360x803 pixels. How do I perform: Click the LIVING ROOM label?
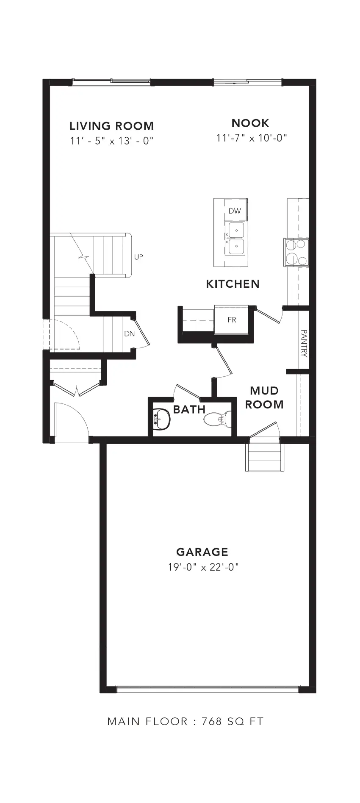tap(111, 126)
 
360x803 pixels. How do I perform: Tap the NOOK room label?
tap(250, 123)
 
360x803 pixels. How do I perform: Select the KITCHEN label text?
tap(233, 284)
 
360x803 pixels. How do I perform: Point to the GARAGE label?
tap(202, 552)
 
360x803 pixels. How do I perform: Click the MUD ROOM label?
tap(264, 397)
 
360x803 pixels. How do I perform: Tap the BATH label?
tap(189, 409)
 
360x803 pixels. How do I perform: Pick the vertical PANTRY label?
tap(304, 344)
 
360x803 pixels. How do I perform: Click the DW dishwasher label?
tap(235, 211)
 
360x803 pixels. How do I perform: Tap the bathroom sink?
tap(161, 419)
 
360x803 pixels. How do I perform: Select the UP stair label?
tap(138, 257)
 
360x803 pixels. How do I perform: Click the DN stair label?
tap(130, 333)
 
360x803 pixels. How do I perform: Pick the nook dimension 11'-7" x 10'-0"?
tap(252, 138)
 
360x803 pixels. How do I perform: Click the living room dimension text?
tap(111, 141)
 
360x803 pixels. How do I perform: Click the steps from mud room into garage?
tap(264, 456)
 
